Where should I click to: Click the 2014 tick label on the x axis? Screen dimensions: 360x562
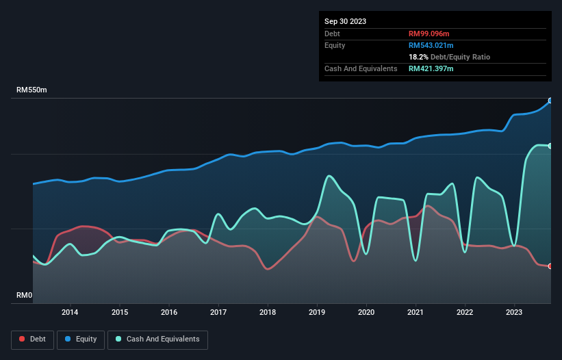(70, 313)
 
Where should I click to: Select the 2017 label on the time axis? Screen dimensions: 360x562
(218, 313)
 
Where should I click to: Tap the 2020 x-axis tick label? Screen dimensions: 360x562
(366, 313)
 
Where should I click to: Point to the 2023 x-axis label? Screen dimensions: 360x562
(515, 313)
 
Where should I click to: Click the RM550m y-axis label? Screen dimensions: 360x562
(31, 90)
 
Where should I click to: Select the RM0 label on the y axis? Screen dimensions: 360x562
(24, 296)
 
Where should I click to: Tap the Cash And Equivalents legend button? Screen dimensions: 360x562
(157, 339)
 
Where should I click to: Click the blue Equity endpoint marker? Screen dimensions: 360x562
(550, 101)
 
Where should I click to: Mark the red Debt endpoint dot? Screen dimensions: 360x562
(550, 266)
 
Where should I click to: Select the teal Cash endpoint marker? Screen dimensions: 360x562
(550, 146)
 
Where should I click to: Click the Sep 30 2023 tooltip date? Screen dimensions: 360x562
(345, 21)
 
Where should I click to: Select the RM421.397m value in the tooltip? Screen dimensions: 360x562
(431, 68)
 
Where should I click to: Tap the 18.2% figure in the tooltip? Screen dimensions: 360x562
(418, 57)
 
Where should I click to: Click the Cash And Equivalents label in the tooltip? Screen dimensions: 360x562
(361, 68)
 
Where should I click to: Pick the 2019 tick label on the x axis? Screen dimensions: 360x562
(317, 313)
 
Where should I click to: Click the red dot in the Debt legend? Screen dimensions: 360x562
(23, 339)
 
